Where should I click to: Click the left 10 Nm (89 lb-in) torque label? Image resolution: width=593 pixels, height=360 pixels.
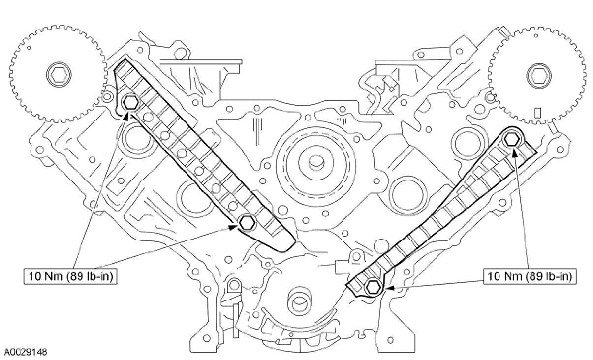[x=70, y=277]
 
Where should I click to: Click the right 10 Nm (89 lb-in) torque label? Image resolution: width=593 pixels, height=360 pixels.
[x=530, y=277]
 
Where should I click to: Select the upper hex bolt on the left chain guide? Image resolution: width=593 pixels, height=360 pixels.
[x=131, y=102]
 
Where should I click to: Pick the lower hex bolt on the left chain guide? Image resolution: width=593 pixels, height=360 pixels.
[x=247, y=223]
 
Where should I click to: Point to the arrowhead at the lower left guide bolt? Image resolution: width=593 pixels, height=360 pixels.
[x=236, y=227]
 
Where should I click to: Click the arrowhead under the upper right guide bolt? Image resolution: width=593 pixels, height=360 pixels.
[x=515, y=150]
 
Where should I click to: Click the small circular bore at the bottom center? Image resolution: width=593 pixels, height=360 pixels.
[x=299, y=301]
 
